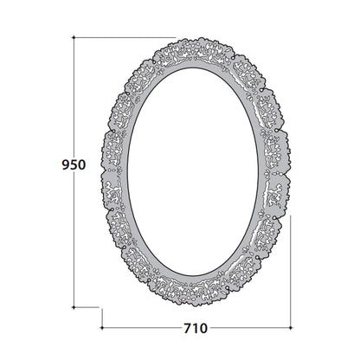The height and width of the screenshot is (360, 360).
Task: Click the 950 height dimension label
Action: coord(74,164)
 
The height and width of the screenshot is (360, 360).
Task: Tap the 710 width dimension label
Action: coord(196,328)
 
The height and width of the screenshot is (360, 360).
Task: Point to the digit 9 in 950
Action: coord(66,164)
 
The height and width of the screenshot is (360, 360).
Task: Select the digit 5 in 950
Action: coord(74,164)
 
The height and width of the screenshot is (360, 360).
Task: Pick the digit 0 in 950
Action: coord(82,164)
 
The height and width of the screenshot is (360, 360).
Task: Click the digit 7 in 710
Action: coord(188,328)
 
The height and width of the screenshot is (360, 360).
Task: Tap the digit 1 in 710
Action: coord(195,328)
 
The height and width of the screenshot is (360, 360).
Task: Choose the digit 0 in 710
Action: coord(203,328)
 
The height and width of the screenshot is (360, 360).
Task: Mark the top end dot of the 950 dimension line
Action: coord(74,37)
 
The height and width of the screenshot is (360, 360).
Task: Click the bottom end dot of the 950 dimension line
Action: coord(74,307)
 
